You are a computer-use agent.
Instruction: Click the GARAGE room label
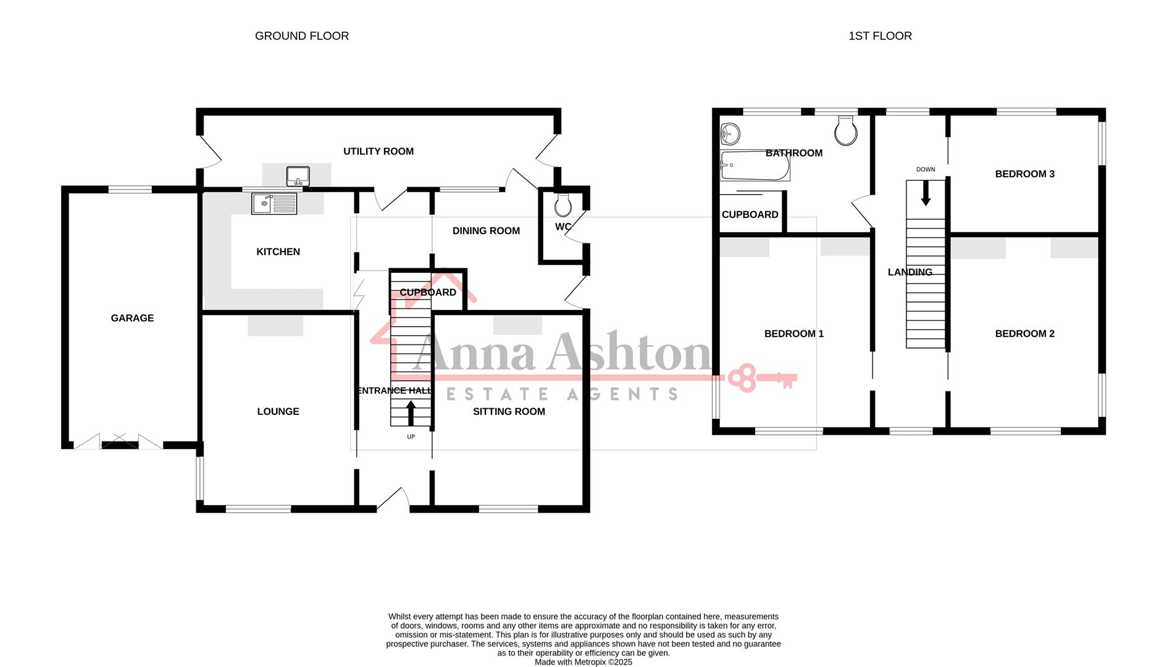click(x=132, y=318)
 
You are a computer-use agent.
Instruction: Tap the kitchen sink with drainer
click(x=274, y=203)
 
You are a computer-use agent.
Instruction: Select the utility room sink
click(x=298, y=176)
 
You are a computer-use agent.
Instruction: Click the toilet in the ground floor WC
click(x=563, y=203)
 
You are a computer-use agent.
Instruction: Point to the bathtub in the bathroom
click(x=755, y=166)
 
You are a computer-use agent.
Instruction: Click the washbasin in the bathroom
click(x=730, y=132)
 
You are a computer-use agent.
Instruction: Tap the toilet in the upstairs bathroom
click(x=845, y=131)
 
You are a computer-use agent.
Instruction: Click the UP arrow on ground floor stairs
click(x=411, y=413)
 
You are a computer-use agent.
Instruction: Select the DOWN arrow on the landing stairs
click(x=926, y=193)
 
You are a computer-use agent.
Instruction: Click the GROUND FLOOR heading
click(x=302, y=36)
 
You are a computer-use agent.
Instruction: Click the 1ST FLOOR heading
click(x=880, y=36)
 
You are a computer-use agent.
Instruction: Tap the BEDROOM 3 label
click(x=1024, y=174)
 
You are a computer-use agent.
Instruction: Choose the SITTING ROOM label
click(x=509, y=411)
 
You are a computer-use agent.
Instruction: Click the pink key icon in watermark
click(x=761, y=378)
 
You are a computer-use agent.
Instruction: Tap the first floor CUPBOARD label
click(x=750, y=215)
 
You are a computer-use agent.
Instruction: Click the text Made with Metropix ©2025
click(x=583, y=662)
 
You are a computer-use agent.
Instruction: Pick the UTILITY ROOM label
click(x=379, y=151)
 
